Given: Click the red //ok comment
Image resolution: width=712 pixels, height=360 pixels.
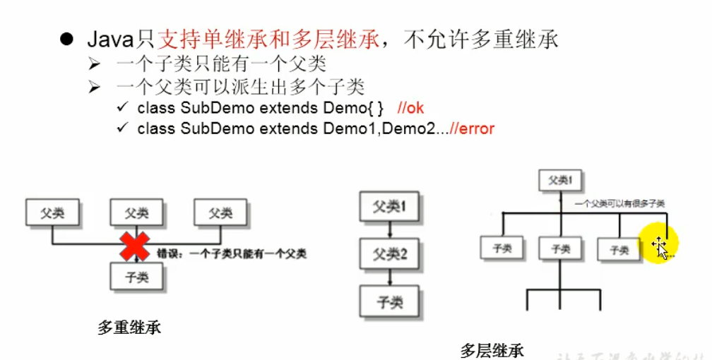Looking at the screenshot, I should (410, 108).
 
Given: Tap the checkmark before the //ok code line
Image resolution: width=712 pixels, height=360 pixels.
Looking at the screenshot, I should (122, 108).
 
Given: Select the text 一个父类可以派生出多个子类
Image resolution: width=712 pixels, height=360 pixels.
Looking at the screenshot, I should (241, 88).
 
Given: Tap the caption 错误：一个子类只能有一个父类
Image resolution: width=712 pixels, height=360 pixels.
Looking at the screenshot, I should (231, 253).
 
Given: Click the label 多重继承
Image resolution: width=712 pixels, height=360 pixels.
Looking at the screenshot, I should (129, 328).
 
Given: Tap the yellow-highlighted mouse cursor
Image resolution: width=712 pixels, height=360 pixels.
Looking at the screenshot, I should (660, 246).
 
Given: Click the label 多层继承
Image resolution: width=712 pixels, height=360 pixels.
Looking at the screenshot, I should (492, 349).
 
